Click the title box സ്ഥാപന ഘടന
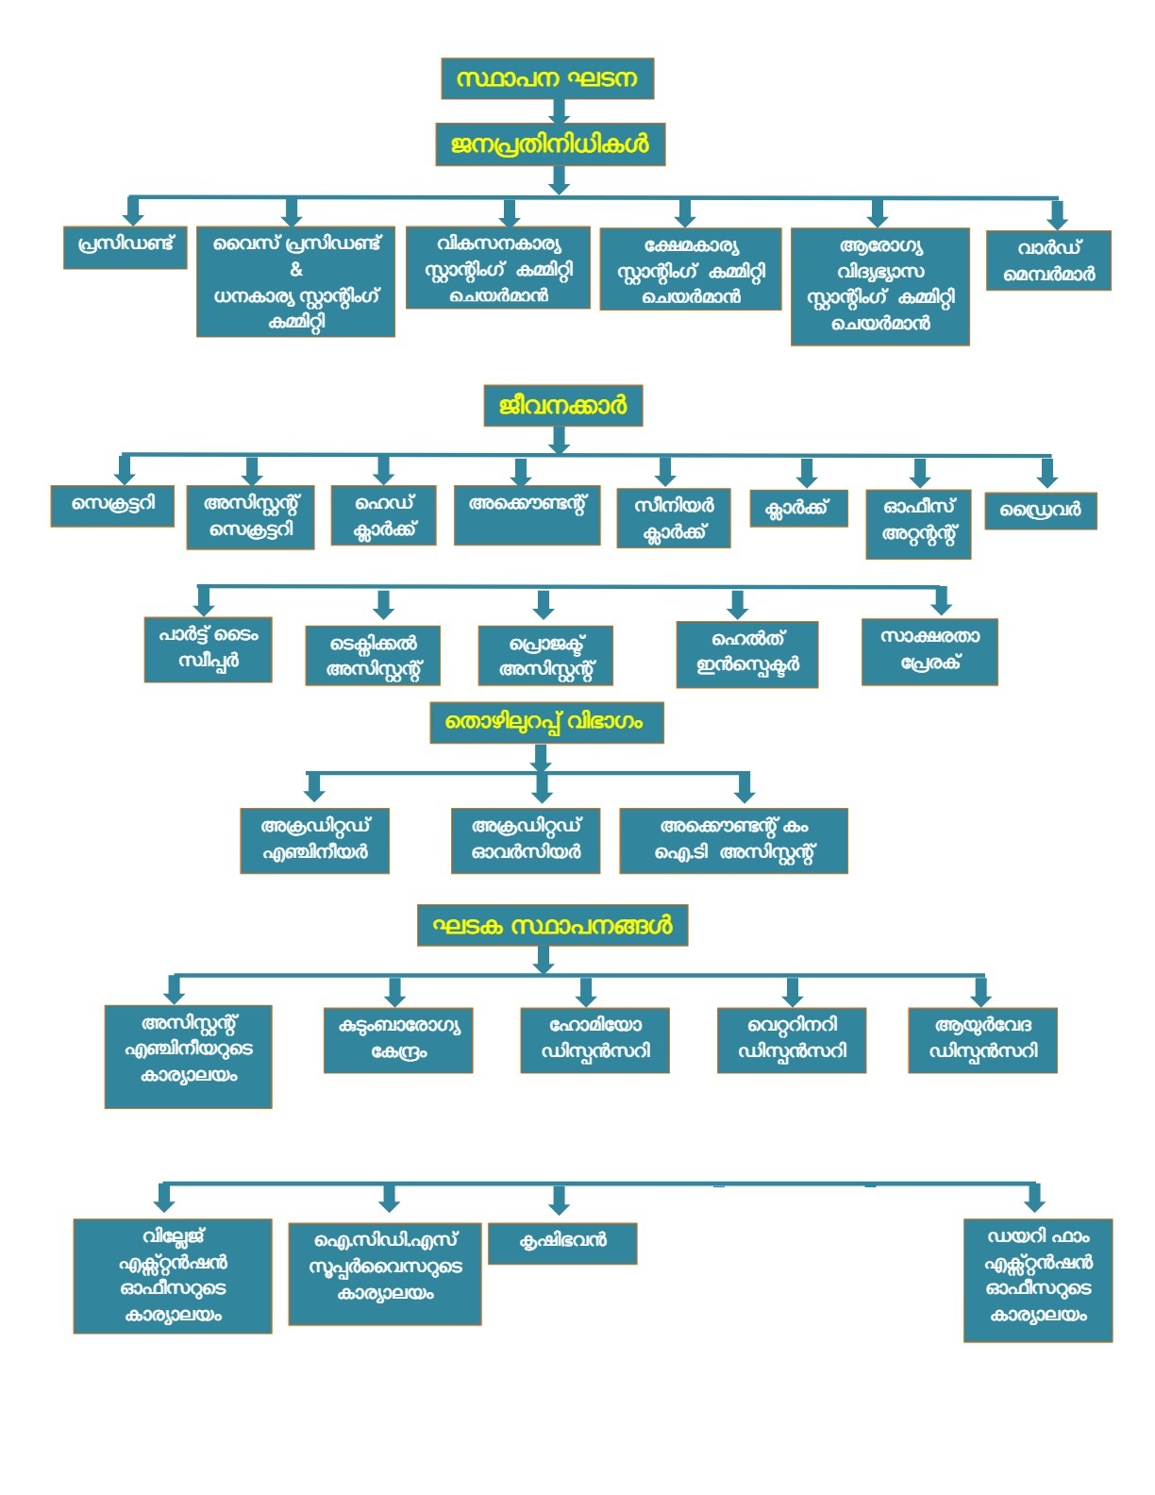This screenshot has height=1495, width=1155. pyautogui.click(x=547, y=78)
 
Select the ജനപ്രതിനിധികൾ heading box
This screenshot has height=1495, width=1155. pyautogui.click(x=549, y=144)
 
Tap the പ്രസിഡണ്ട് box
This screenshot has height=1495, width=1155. pyautogui.click(x=126, y=247)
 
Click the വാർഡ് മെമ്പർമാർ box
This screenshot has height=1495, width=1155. pyautogui.click(x=1047, y=260)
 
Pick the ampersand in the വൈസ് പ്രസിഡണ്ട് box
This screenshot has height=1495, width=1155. pyautogui.click(x=295, y=269)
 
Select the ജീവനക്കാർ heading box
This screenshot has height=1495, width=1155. pyautogui.click(x=562, y=405)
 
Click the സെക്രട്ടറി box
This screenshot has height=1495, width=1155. pyautogui.click(x=112, y=506)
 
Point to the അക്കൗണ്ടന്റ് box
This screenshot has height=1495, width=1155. pyautogui.click(x=527, y=515)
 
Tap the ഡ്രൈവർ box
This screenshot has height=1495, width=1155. pyautogui.click(x=1040, y=511)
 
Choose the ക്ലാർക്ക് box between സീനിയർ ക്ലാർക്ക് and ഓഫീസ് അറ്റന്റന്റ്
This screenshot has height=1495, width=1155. pyautogui.click(x=798, y=509)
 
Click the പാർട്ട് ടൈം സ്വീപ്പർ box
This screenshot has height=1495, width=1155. pyautogui.click(x=208, y=649)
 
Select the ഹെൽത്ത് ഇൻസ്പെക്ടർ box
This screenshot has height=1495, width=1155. pyautogui.click(x=747, y=654)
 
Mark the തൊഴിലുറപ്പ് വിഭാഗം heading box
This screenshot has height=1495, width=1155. pyautogui.click(x=547, y=722)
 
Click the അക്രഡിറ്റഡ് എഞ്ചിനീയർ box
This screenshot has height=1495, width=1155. pyautogui.click(x=314, y=841)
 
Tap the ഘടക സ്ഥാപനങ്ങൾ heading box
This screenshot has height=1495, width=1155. pyautogui.click(x=552, y=925)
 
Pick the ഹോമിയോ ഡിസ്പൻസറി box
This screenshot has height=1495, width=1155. pyautogui.click(x=595, y=1040)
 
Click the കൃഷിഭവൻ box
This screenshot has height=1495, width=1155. pyautogui.click(x=562, y=1243)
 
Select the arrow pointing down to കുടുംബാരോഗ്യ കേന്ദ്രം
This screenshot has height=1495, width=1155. pyautogui.click(x=394, y=991)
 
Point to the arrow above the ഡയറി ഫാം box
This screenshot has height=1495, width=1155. pyautogui.click(x=1034, y=1199)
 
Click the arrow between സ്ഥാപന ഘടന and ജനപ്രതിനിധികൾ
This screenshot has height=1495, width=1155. pyautogui.click(x=560, y=110)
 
